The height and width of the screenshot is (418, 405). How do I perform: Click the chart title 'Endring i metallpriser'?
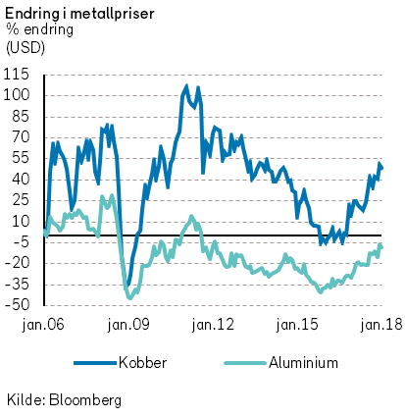click(x=79, y=14)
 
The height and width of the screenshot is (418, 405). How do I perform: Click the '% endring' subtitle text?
click(x=39, y=30)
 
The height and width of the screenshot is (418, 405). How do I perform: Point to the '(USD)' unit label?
click(x=25, y=48)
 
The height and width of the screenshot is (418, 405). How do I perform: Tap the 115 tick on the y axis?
click(x=16, y=75)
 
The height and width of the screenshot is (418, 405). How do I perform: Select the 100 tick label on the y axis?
click(x=16, y=96)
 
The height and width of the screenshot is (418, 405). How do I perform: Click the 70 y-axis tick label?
click(x=21, y=137)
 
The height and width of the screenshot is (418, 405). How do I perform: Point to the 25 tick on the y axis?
click(x=21, y=200)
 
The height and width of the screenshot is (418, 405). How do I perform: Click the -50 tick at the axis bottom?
click(x=17, y=305)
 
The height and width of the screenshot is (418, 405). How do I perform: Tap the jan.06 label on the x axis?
click(x=43, y=325)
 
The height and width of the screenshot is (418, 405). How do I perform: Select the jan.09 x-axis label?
click(x=128, y=325)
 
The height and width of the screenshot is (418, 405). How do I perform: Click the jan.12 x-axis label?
click(x=213, y=325)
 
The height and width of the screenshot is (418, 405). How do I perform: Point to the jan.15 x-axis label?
click(x=297, y=325)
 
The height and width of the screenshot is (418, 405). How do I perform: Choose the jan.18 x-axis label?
click(x=381, y=325)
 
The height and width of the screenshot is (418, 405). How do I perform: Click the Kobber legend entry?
click(x=121, y=363)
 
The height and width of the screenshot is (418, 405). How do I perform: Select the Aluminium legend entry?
click(x=281, y=363)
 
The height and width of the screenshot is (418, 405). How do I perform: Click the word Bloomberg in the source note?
click(x=85, y=400)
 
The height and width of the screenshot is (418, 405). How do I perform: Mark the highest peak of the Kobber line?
click(x=186, y=86)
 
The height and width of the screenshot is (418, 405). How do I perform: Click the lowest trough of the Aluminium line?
click(x=130, y=297)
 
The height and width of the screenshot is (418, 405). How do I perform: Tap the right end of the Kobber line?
click(x=381, y=168)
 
